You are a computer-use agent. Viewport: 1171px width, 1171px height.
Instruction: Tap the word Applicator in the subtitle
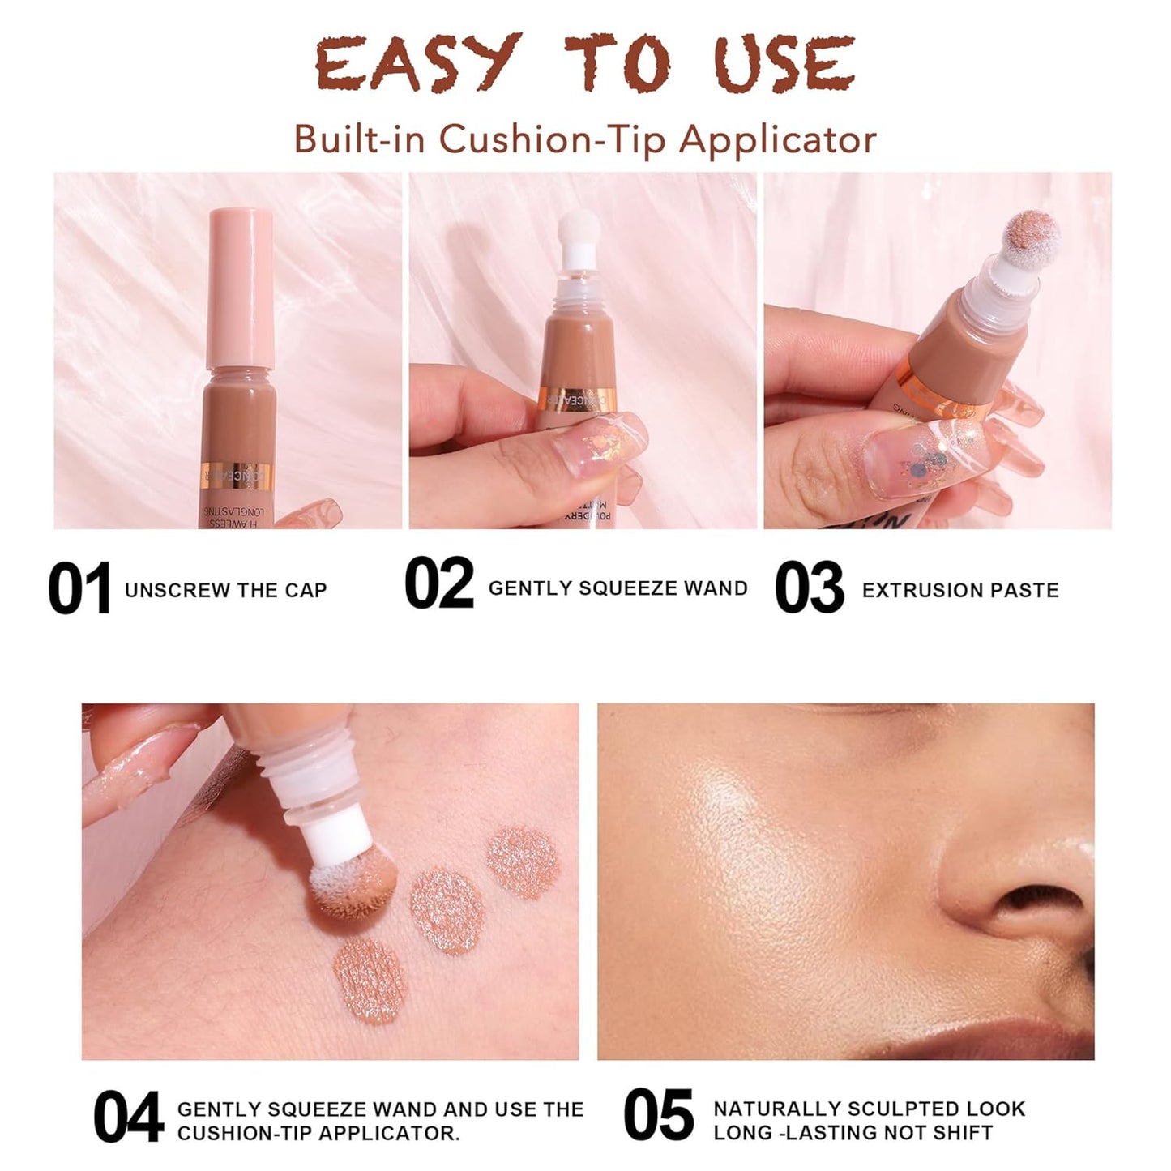click(777, 139)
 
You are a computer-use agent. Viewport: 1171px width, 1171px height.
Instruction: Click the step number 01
click(79, 589)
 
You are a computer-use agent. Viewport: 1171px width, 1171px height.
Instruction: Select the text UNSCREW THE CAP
click(225, 591)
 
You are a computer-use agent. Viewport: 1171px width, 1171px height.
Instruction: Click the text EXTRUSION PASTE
click(960, 591)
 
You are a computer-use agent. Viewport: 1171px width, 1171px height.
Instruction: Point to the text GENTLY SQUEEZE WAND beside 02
click(618, 588)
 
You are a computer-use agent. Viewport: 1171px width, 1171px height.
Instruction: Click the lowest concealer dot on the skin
click(370, 978)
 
